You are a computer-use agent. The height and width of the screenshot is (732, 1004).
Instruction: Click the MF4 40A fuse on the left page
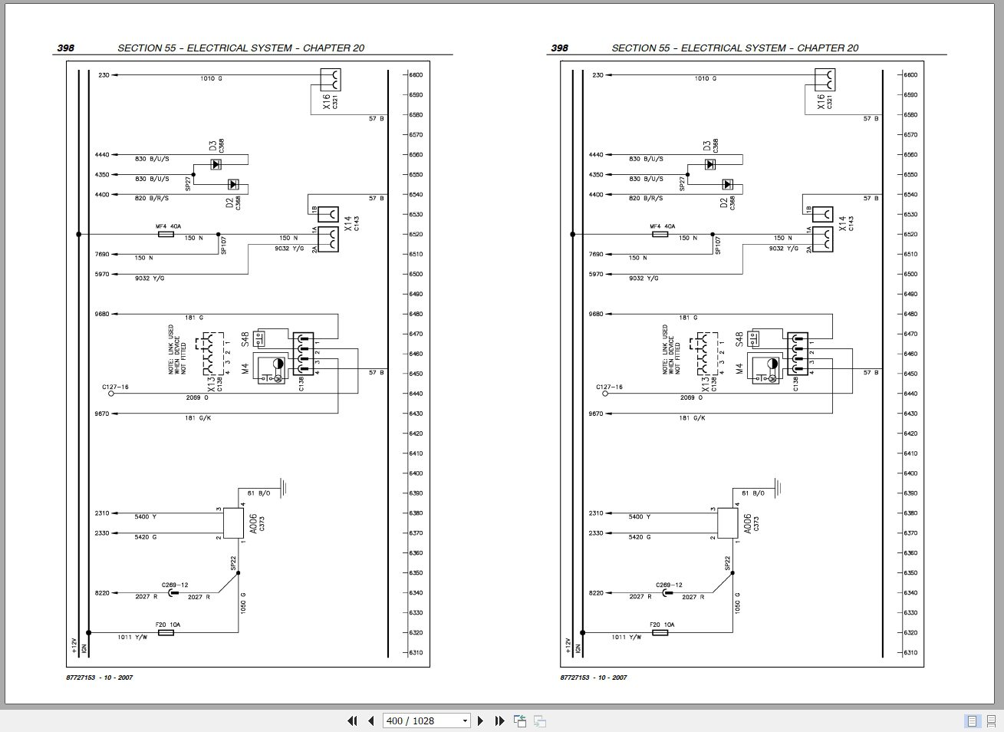click(166, 234)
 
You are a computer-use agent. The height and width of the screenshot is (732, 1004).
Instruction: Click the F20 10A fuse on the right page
click(660, 632)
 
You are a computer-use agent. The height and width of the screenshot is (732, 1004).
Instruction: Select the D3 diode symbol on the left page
click(216, 164)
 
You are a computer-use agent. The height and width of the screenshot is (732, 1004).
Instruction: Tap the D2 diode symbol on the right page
click(727, 184)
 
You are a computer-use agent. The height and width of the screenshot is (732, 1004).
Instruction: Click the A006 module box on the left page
click(233, 523)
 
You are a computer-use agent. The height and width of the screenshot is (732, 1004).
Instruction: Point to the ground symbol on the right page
click(777, 486)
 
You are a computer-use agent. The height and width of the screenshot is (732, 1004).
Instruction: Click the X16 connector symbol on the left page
click(331, 80)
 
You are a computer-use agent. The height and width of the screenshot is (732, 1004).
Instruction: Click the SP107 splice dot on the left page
click(218, 234)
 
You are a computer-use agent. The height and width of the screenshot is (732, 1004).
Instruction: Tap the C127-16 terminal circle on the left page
click(110, 393)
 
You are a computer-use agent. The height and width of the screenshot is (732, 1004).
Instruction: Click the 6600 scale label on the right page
click(910, 75)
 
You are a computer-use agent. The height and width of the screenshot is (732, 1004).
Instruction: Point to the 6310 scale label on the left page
click(416, 653)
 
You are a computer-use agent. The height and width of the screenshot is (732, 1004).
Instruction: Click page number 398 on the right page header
click(560, 48)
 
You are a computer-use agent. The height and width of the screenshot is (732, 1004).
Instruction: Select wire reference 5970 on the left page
click(102, 274)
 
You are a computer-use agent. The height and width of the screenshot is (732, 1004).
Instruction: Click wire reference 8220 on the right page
click(596, 593)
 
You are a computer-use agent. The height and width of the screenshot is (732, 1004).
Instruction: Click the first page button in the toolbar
click(352, 720)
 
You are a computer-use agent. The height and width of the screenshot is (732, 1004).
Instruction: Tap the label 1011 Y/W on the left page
click(132, 638)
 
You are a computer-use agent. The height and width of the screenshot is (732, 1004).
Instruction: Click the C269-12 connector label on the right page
click(668, 585)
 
